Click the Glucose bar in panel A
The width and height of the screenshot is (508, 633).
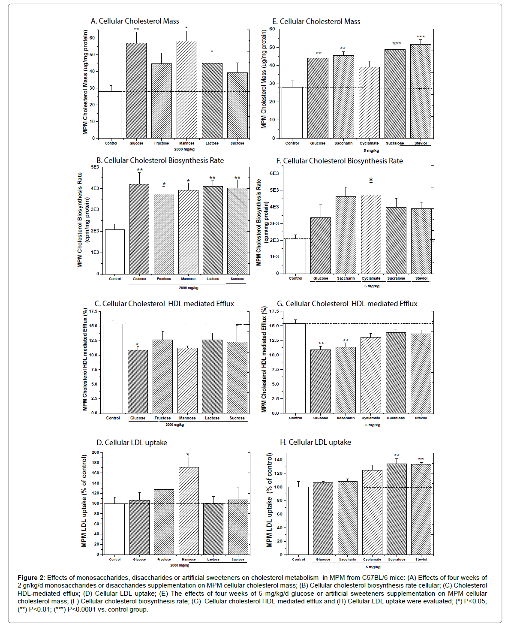coord(136,90)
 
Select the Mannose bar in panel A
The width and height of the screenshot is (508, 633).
coord(187,90)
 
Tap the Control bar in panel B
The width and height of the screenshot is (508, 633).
coord(115,252)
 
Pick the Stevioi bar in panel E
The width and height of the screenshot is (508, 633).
coord(421,91)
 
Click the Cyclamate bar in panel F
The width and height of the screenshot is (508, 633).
coord(371,234)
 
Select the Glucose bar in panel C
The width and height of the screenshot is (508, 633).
coord(138,381)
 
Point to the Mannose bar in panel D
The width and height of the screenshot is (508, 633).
coord(189,511)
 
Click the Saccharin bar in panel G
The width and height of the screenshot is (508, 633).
coord(346,380)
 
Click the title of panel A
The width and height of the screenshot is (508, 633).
coord(135,21)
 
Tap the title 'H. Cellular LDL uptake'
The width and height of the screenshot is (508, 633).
coord(315,442)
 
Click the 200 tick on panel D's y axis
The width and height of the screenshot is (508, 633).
coord(95,452)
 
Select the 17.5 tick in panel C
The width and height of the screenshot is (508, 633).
coord(93,311)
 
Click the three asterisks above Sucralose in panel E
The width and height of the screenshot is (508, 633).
coord(397,43)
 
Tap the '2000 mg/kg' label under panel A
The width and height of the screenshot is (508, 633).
coord(184,150)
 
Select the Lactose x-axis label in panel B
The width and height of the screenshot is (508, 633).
coord(213,279)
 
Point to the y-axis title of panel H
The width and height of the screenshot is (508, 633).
coord(269,500)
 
